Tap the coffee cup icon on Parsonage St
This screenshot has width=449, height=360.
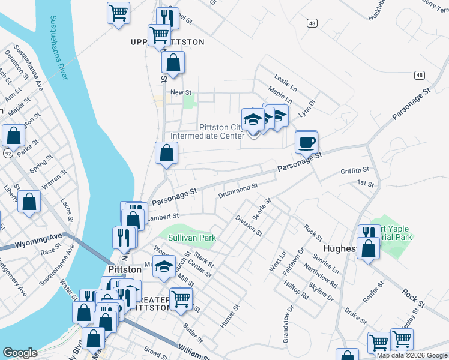306,143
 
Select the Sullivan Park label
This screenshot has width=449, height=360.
191,238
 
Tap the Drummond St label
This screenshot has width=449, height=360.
238,190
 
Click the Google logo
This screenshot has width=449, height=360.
20,353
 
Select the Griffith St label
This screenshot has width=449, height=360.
354,170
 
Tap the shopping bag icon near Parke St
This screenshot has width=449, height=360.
13,136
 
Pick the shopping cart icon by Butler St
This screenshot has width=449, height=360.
181,298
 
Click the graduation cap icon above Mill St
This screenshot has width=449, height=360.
163,266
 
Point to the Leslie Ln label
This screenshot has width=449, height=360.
286,79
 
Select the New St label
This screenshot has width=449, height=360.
181,92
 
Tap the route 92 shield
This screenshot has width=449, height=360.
8,154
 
